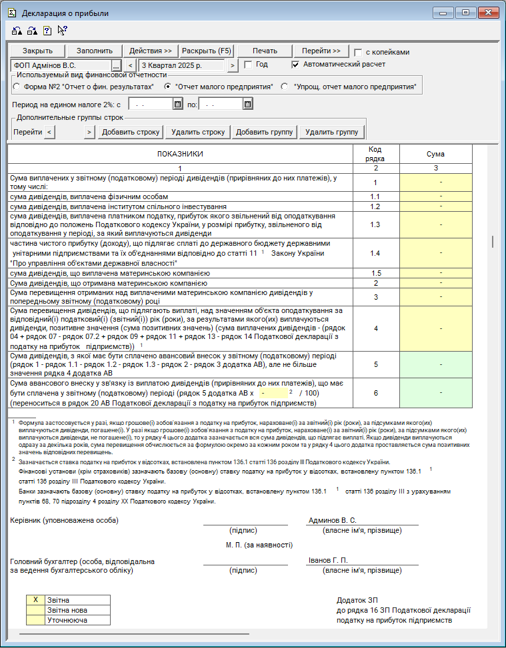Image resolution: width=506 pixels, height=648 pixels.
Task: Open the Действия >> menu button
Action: (151, 51)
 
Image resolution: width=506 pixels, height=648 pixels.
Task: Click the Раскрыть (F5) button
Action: (207, 51)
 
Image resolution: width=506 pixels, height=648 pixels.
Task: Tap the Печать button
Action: (265, 51)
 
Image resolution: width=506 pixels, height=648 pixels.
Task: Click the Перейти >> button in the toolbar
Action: (321, 51)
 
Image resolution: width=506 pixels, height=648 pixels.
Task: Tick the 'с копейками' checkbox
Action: (359, 53)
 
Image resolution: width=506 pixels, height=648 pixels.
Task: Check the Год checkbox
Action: (249, 65)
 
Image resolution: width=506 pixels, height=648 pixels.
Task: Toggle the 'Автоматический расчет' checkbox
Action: (296, 65)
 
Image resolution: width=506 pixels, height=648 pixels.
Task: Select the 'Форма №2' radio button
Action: (17, 87)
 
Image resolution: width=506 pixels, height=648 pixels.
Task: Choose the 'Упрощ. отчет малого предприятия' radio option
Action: (285, 87)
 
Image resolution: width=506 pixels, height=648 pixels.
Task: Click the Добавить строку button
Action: (130, 132)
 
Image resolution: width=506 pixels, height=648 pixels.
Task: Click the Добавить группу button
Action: (265, 132)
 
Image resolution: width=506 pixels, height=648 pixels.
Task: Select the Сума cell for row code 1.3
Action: (435, 224)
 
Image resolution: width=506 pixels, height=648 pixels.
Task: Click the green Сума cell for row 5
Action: (435, 364)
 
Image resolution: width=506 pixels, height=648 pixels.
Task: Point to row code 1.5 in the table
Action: (375, 273)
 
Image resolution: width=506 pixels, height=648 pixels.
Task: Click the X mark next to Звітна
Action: (35, 600)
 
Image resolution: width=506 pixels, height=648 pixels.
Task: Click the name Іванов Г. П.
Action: (328, 560)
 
